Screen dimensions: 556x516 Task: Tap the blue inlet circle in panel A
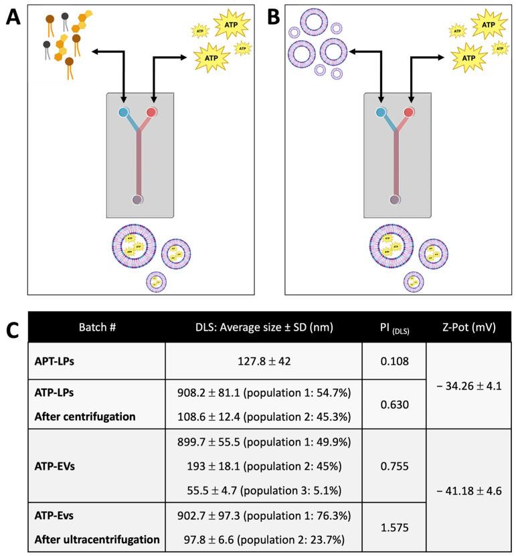coord(124,112)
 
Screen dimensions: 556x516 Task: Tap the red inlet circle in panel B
coord(409,112)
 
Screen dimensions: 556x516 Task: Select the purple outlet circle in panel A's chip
coord(138,199)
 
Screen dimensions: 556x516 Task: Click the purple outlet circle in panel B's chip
coord(395,199)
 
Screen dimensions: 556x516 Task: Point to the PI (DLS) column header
coord(394,327)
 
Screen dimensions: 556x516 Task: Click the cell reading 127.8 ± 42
coord(263,361)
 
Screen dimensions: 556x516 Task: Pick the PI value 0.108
coord(394,361)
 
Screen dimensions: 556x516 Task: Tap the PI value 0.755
coord(394,466)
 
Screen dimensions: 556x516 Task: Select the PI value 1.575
coord(394,528)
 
